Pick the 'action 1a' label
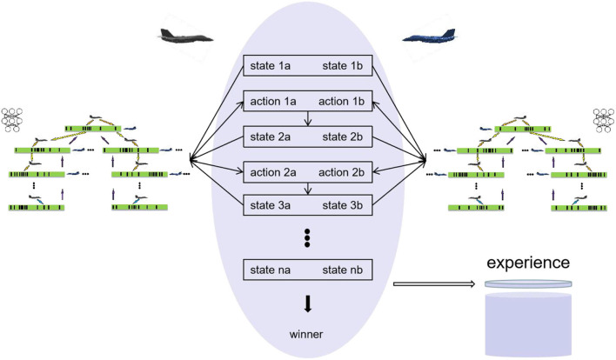[x=271, y=102]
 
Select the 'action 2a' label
[x=271, y=171]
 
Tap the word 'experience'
[x=528, y=262]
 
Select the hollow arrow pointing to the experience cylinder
[x=432, y=283]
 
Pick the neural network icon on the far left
[x=15, y=120]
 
